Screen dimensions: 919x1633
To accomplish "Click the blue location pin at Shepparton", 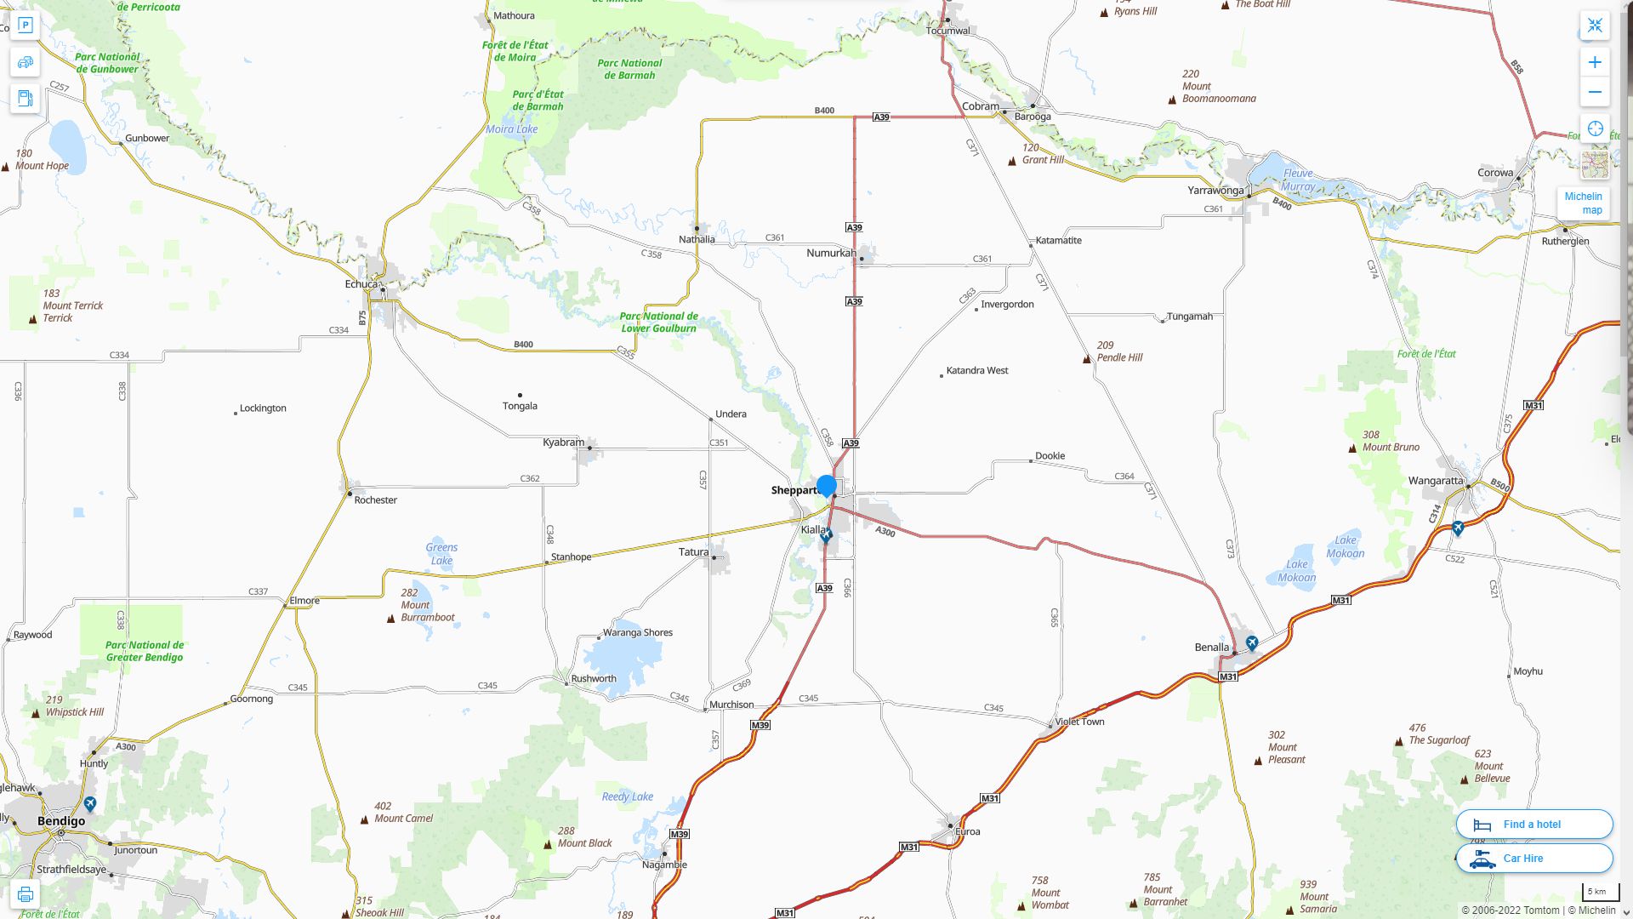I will [x=826, y=486].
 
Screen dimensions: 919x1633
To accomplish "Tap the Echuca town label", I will [x=361, y=283].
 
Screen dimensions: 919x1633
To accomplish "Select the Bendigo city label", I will [x=61, y=821].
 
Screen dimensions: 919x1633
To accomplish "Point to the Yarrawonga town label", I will [x=1215, y=190].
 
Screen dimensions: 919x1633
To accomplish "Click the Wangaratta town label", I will [x=1435, y=481].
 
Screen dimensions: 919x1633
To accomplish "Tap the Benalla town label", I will [x=1211, y=648].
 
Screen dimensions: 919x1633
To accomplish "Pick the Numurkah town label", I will [x=831, y=253].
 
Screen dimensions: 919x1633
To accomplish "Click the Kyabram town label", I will [x=563, y=442].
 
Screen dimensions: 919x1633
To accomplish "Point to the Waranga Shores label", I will [x=637, y=632].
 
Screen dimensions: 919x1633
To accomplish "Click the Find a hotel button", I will [x=1533, y=824].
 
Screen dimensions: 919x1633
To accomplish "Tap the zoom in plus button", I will [x=1595, y=62].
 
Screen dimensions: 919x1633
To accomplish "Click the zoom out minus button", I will [x=1595, y=92].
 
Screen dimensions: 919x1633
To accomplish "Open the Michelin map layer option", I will [x=1583, y=203].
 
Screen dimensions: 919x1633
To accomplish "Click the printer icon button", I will [x=26, y=894].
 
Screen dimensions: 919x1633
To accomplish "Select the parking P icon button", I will [x=26, y=26].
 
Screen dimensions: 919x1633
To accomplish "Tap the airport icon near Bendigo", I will [x=90, y=803].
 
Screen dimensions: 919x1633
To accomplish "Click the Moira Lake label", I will [x=511, y=129].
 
